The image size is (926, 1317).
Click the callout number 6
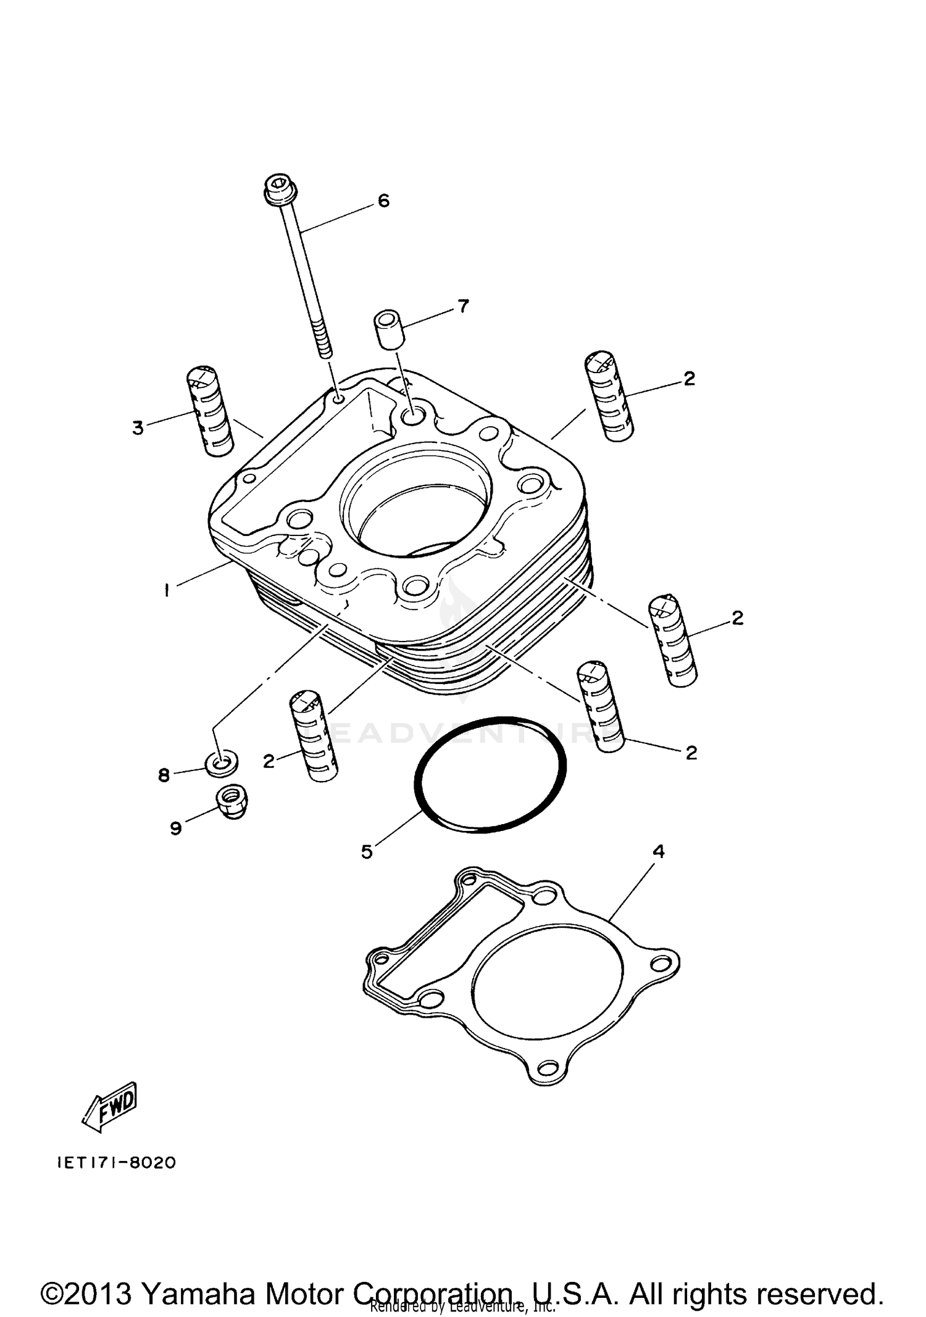[x=383, y=200]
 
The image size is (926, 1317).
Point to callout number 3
[x=138, y=427]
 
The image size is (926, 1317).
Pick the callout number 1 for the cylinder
[x=166, y=590]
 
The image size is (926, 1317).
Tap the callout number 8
[x=164, y=775]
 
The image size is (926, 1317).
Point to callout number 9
[x=176, y=828]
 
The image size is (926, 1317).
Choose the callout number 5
[x=367, y=852]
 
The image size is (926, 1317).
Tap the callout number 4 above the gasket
[x=659, y=851]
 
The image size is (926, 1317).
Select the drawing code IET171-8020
[x=117, y=1163]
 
